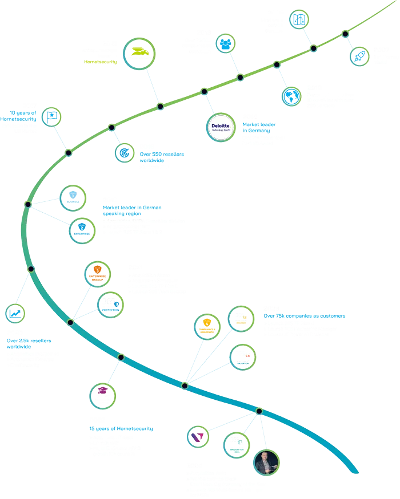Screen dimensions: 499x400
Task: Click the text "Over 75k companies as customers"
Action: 304,317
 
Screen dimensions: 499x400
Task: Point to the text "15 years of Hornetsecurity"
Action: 121,428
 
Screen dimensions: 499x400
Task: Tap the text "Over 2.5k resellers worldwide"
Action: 29,344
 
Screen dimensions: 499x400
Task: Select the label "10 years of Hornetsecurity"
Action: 20,115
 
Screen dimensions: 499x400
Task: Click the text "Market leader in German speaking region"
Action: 133,211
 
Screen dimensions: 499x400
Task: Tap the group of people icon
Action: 226,43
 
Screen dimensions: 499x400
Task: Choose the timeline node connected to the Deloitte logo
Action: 204,91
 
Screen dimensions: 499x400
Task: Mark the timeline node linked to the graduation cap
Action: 121,357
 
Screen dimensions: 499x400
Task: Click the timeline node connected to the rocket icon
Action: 345,34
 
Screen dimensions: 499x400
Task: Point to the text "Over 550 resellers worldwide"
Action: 162,157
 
